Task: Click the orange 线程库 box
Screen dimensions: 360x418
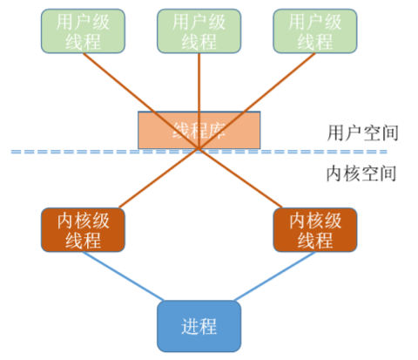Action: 199,130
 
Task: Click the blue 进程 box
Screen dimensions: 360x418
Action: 199,326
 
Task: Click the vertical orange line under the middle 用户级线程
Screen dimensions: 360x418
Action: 199,83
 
